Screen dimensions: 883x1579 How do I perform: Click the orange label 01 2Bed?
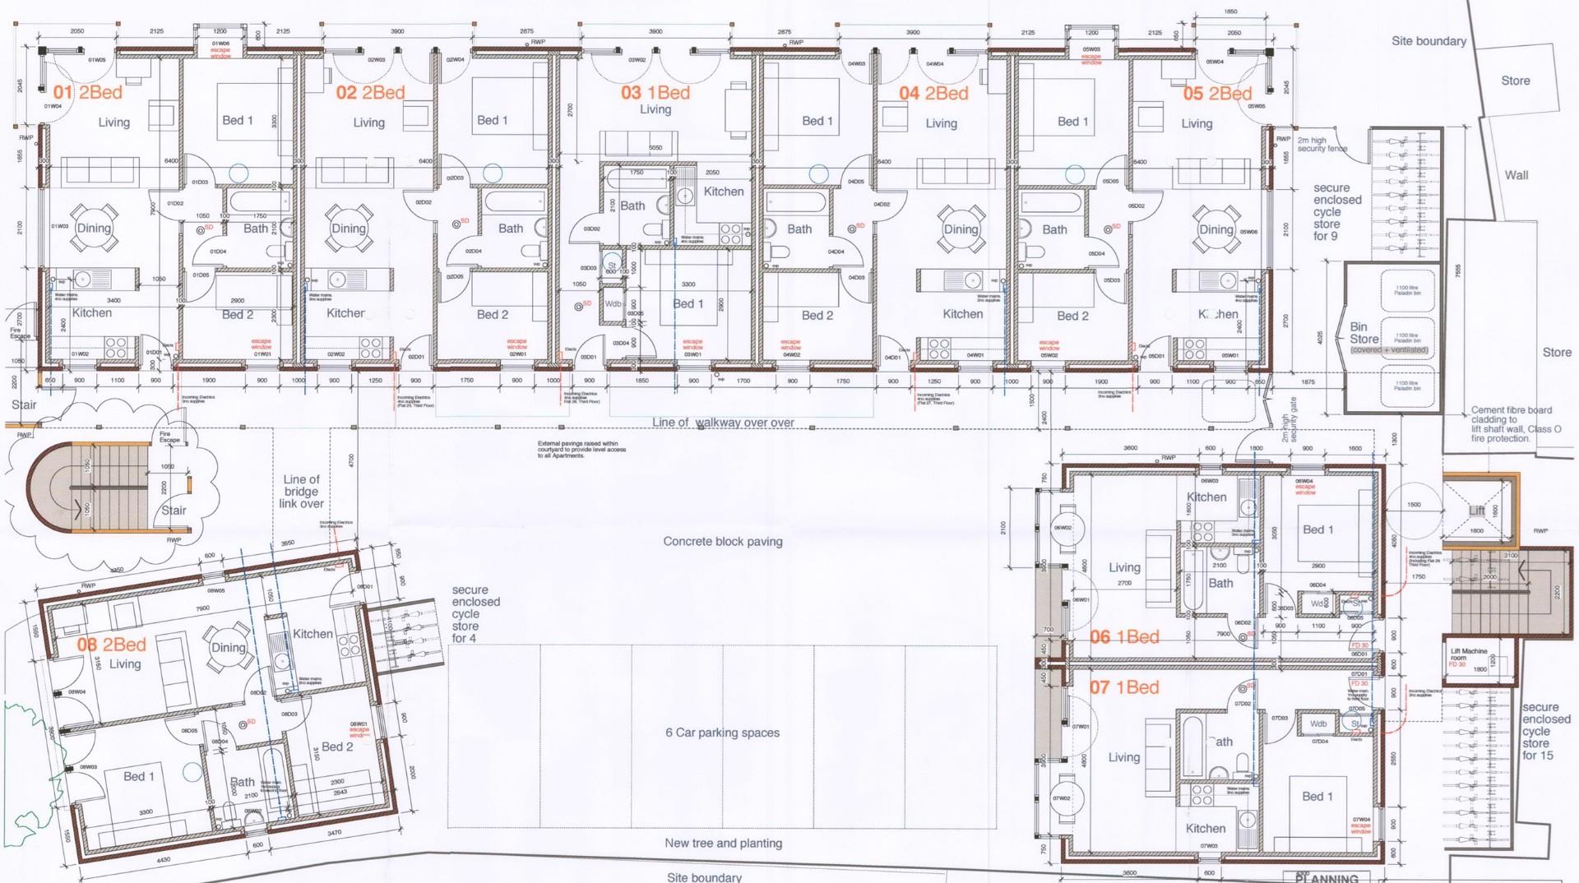pyautogui.click(x=88, y=93)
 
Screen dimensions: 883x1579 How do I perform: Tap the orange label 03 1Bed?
pyautogui.click(x=655, y=93)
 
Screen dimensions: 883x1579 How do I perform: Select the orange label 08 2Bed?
pyautogui.click(x=112, y=645)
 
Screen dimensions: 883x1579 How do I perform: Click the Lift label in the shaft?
pyautogui.click(x=1477, y=511)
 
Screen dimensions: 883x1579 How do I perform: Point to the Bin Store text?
pyautogui.click(x=1364, y=333)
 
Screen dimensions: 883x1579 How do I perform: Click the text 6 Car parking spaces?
pyautogui.click(x=723, y=733)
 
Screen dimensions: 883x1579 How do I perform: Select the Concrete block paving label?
pyautogui.click(x=723, y=542)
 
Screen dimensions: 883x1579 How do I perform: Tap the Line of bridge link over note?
pyautogui.click(x=302, y=492)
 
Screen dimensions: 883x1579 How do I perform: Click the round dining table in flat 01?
pyautogui.click(x=93, y=229)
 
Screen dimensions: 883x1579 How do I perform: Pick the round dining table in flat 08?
pyautogui.click(x=228, y=647)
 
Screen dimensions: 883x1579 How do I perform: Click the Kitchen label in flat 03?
pyautogui.click(x=724, y=192)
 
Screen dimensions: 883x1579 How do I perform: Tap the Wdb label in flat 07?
pyautogui.click(x=1318, y=724)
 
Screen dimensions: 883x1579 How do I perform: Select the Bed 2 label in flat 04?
pyautogui.click(x=817, y=316)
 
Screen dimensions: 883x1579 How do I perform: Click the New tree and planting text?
pyautogui.click(x=724, y=844)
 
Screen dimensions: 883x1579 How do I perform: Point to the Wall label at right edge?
pyautogui.click(x=1516, y=175)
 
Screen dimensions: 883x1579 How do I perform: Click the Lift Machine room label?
pyautogui.click(x=1469, y=655)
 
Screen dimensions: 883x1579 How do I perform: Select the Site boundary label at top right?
pyautogui.click(x=1429, y=41)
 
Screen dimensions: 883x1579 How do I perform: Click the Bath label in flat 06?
pyautogui.click(x=1220, y=584)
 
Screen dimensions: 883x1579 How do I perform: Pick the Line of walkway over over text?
pyautogui.click(x=724, y=423)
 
